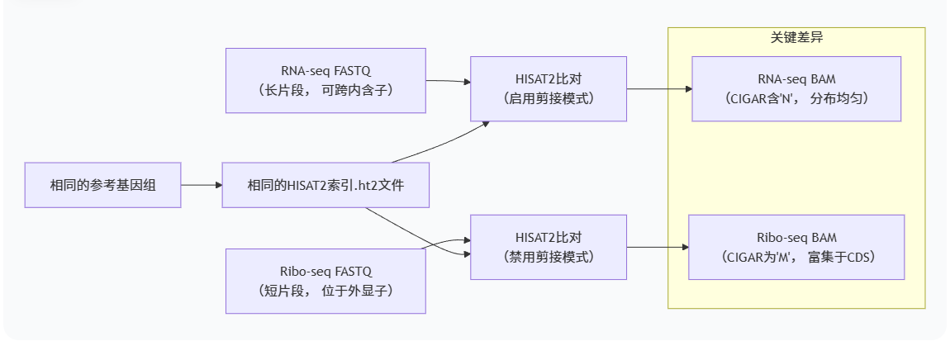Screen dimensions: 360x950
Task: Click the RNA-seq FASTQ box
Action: [325, 80]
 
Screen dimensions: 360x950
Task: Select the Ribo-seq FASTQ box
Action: [325, 280]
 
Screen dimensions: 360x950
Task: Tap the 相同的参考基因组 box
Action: [102, 185]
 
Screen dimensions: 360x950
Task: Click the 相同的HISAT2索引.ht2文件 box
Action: [325, 185]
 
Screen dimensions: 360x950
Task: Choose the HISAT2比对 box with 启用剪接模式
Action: [548, 88]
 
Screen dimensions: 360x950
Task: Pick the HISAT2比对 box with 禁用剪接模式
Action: [548, 247]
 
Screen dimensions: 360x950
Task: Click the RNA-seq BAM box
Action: [796, 88]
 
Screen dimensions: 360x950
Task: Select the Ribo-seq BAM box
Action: [796, 247]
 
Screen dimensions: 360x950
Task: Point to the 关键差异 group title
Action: [796, 37]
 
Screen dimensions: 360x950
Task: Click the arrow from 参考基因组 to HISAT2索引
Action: [201, 185]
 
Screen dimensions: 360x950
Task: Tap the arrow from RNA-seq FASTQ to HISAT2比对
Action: [447, 82]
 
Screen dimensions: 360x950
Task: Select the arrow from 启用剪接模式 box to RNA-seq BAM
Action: [658, 88]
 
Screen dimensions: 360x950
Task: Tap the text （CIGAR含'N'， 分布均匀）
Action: [796, 98]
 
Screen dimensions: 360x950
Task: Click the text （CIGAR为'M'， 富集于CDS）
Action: [796, 257]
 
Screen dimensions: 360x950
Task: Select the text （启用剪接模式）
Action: [548, 98]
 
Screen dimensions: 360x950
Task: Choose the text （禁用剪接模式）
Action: [548, 257]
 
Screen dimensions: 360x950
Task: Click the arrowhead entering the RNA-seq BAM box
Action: [687, 88]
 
